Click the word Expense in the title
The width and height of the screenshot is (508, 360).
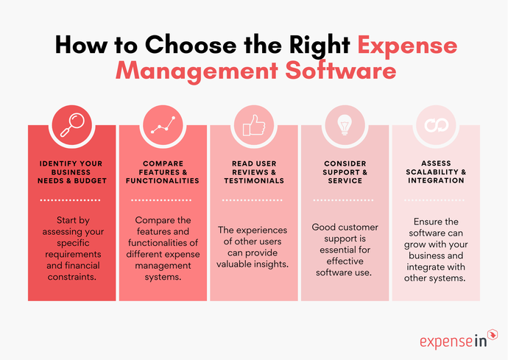pos(407,45)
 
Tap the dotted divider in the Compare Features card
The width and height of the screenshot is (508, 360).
pos(163,200)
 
